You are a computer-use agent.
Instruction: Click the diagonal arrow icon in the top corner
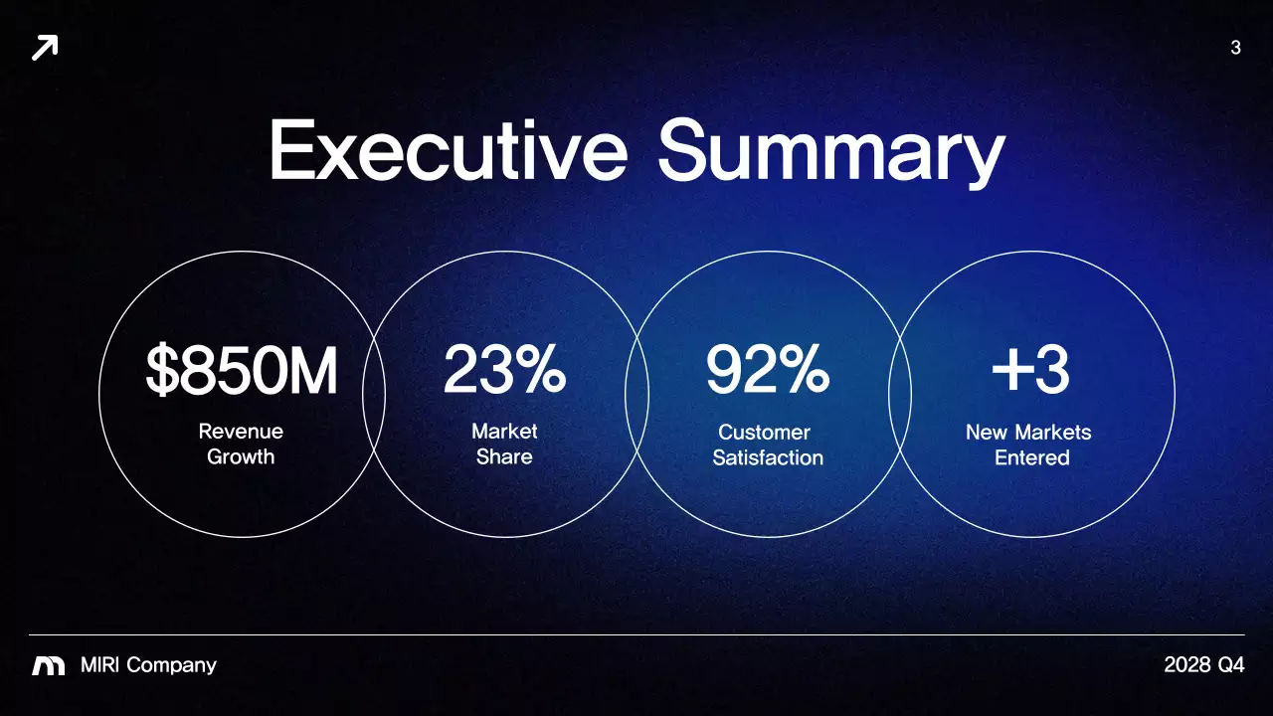click(45, 47)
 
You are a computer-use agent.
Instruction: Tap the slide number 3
click(1235, 47)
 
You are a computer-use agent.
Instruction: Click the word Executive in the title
click(449, 151)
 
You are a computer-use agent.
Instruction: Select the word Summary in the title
click(830, 154)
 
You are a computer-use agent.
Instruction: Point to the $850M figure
click(242, 371)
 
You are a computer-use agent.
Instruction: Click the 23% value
click(504, 371)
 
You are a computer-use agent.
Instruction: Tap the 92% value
click(767, 371)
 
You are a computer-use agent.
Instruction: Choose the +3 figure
click(1030, 371)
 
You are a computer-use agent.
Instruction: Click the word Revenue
click(241, 432)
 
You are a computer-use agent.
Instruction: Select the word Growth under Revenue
click(241, 457)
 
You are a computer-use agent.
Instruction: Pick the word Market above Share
click(504, 432)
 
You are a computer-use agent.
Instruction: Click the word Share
click(504, 457)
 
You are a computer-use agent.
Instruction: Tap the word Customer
click(764, 433)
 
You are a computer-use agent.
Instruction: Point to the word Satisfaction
click(768, 458)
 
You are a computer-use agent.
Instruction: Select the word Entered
click(1032, 458)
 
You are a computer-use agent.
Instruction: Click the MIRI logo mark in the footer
click(48, 665)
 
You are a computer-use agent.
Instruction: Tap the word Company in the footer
click(171, 666)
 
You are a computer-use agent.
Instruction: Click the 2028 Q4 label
click(1203, 665)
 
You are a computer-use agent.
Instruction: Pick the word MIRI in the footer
click(100, 665)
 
